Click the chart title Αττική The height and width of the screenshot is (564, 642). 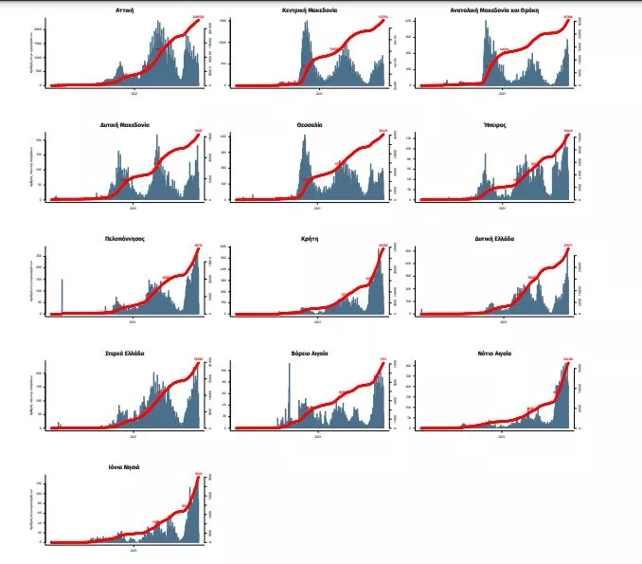pos(124,9)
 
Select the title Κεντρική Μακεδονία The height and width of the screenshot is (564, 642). pos(310,9)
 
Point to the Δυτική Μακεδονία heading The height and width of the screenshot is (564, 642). pos(124,124)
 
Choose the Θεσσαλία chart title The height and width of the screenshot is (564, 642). pos(310,124)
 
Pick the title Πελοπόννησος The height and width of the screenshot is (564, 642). pos(124,238)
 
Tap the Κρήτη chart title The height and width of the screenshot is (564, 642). pos(310,238)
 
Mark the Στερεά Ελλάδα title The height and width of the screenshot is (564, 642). pos(124,353)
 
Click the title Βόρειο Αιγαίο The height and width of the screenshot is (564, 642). pos(310,353)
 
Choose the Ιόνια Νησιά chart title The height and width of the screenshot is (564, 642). pos(124,466)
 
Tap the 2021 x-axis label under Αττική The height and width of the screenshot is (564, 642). pos(133,92)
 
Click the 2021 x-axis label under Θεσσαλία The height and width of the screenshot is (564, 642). pos(317,207)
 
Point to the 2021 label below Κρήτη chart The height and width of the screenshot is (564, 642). pos(317,320)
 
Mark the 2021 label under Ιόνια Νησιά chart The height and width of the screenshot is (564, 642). pos(133,549)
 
